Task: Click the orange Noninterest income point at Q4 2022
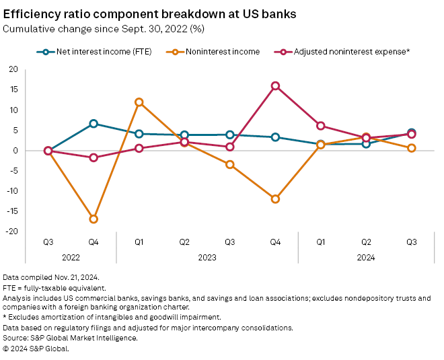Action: click(94, 219)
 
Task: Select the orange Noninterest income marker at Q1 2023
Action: click(139, 102)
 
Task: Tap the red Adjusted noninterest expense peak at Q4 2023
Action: click(275, 86)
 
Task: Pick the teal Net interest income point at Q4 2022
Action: click(94, 124)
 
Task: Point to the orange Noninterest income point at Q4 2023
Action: click(275, 199)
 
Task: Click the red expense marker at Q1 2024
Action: click(321, 126)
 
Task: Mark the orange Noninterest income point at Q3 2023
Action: click(230, 164)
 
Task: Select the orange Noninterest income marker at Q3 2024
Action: click(411, 148)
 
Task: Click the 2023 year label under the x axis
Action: click(207, 257)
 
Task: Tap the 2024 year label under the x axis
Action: click(366, 257)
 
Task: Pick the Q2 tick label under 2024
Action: click(366, 241)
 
